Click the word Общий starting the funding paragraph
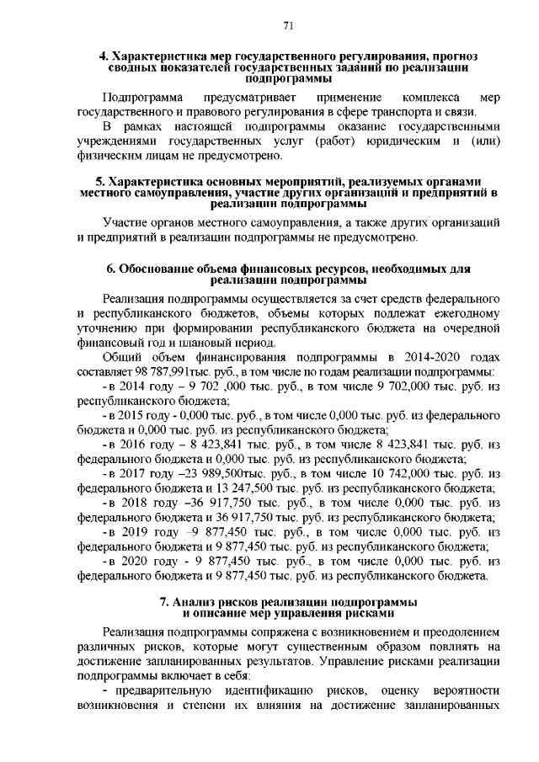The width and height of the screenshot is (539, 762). click(x=123, y=357)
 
